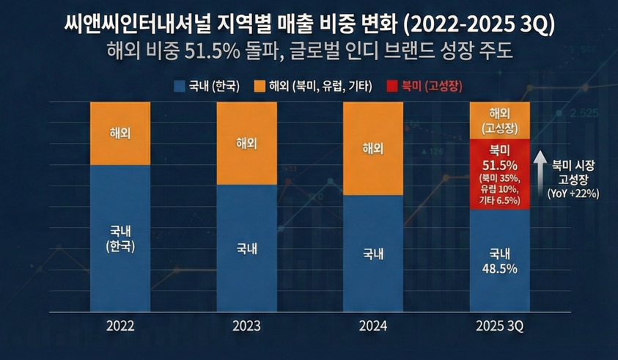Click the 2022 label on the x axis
(x=119, y=325)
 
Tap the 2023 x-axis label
(x=246, y=325)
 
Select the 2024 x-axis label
(x=373, y=325)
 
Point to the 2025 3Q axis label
(x=500, y=325)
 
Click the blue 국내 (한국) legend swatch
(x=179, y=86)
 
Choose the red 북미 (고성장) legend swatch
(x=391, y=86)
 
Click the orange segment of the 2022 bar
(x=119, y=133)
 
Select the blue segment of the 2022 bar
(x=119, y=238)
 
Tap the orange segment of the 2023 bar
(x=246, y=142)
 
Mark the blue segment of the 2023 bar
(x=246, y=248)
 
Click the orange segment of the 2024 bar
(x=373, y=148)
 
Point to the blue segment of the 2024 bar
(x=373, y=254)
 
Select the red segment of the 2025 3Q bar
(x=500, y=176)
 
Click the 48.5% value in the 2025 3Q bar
(x=500, y=269)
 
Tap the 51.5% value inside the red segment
(x=500, y=164)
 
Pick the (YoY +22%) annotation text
(x=573, y=194)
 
